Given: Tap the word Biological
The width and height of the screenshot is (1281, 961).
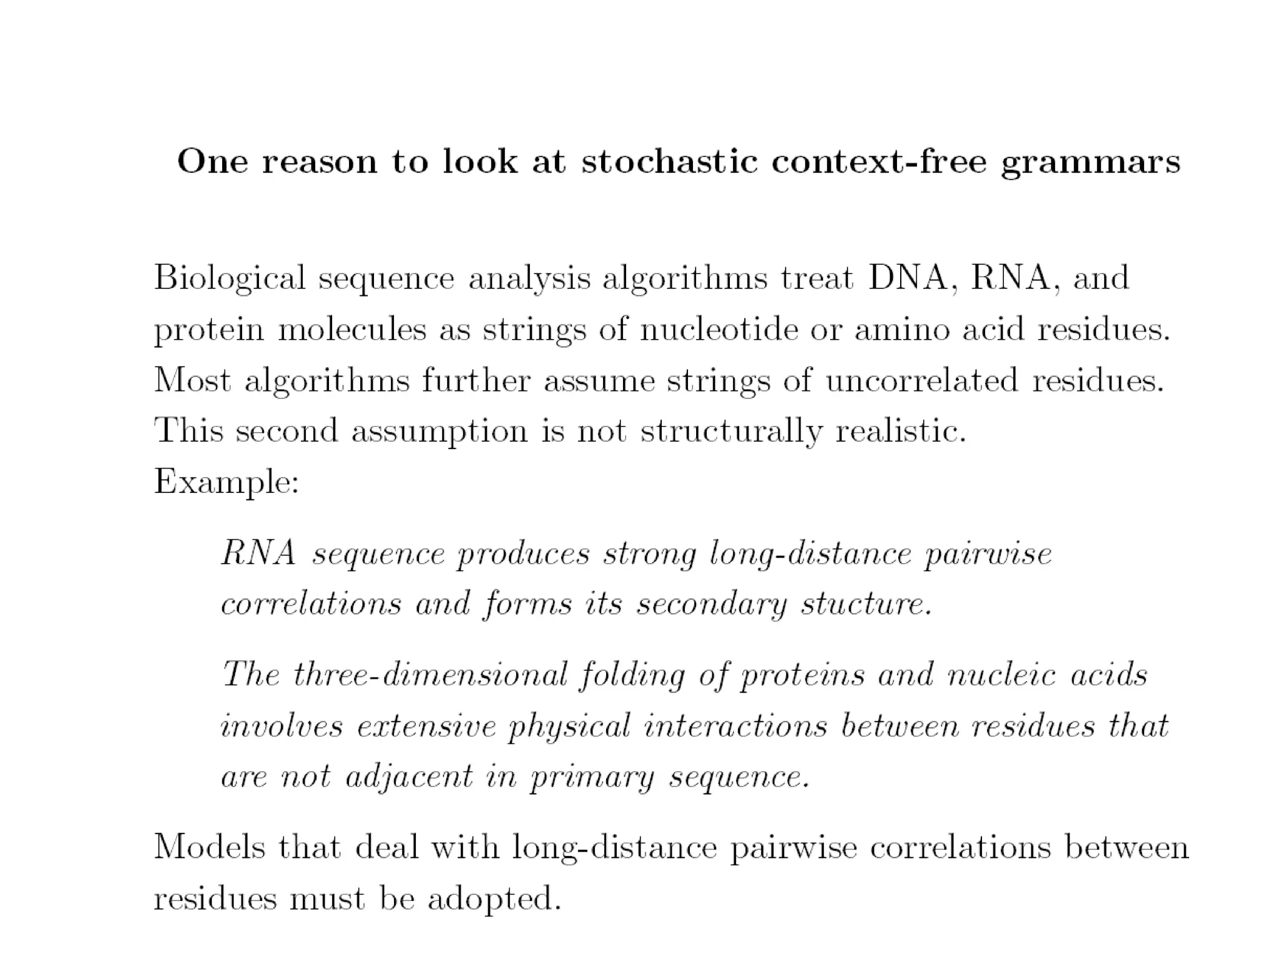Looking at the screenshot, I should pyautogui.click(x=230, y=278).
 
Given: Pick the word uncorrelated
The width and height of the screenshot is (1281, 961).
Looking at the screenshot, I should pyautogui.click(x=921, y=380).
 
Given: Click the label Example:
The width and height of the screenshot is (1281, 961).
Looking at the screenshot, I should pyautogui.click(x=226, y=482).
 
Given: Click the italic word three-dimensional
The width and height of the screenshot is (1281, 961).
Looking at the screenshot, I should pyautogui.click(x=430, y=675).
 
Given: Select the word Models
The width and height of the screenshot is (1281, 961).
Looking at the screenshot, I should pyautogui.click(x=210, y=848).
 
